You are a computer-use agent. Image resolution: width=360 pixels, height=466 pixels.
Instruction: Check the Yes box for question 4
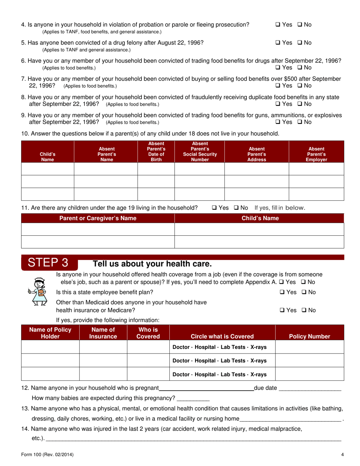coord(278,25)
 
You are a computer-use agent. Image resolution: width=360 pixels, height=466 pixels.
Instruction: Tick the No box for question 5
coord(299,43)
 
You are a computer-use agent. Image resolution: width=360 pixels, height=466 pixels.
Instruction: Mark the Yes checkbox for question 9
coord(278,122)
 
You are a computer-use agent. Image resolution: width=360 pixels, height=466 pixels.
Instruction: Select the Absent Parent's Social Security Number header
coord(200,152)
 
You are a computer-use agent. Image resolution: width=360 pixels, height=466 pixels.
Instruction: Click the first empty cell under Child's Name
coord(47,169)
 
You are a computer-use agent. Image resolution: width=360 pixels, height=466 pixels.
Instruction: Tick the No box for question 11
coord(236,208)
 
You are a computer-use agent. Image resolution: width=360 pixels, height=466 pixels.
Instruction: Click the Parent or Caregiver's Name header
coord(98,218)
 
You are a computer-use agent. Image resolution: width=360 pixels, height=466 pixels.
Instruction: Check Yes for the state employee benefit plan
coord(282,292)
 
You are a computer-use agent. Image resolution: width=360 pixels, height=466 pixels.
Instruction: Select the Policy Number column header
coord(309,336)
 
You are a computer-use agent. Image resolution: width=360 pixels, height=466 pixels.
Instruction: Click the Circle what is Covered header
coord(222,336)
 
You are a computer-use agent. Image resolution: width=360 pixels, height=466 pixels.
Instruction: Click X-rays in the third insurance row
coord(258,374)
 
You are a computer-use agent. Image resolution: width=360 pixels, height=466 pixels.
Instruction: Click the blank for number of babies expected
coord(193,398)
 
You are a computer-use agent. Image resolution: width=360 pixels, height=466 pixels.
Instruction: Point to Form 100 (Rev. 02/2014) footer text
coord(47,455)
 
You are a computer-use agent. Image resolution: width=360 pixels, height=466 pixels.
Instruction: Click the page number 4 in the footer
coord(342,455)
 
